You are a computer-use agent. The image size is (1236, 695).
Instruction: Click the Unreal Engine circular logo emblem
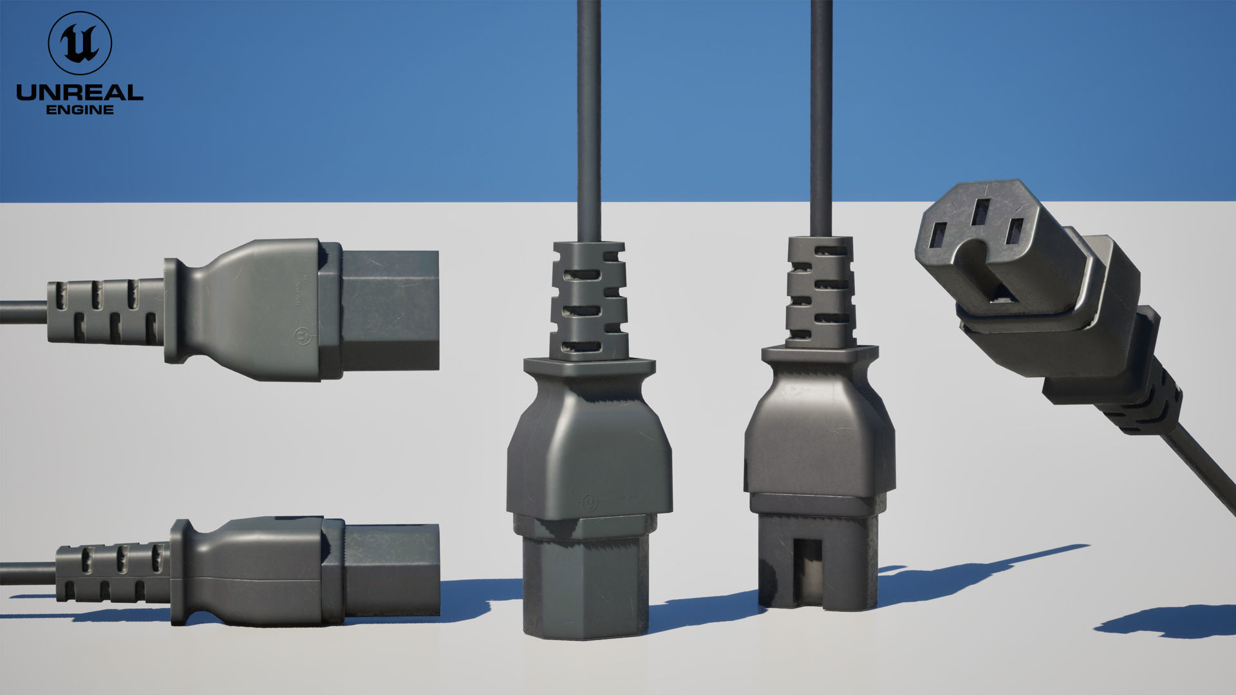click(80, 42)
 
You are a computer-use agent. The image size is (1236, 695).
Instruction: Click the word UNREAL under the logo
click(80, 93)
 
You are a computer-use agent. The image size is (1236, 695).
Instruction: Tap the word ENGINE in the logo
click(80, 110)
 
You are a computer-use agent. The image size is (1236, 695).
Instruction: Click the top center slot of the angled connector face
click(981, 211)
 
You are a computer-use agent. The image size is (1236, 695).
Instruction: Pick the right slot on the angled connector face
click(1015, 231)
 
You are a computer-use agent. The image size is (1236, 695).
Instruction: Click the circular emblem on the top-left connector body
click(301, 335)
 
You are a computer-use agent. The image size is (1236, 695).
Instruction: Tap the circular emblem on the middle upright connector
click(589, 502)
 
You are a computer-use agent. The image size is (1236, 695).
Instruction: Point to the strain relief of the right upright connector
click(821, 293)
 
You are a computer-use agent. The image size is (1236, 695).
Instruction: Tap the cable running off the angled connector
click(1204, 463)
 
